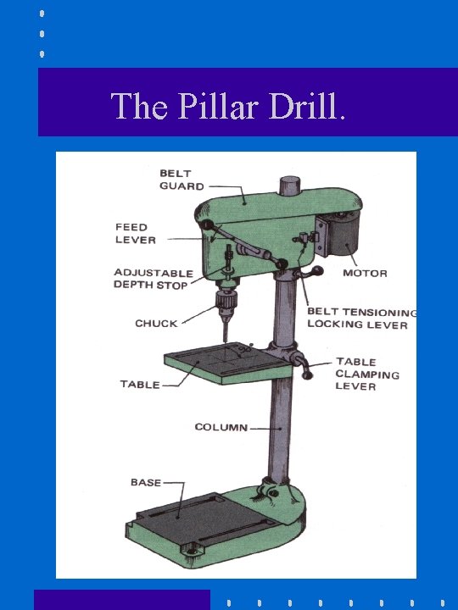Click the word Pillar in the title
tap(219, 105)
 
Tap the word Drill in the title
tap(304, 105)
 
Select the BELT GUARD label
tap(182, 180)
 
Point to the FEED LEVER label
tap(136, 233)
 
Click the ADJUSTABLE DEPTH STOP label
tap(154, 279)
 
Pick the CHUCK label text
tap(156, 323)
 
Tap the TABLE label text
tap(140, 385)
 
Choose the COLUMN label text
tap(221, 427)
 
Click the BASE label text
tap(146, 482)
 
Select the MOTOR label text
tap(365, 273)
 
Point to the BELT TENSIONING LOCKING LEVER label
tap(362, 318)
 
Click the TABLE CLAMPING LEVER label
tap(367, 374)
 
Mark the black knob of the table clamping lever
tap(307, 374)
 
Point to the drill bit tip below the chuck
tap(226, 342)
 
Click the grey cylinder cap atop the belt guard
tap(290, 186)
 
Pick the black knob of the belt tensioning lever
tap(319, 270)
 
